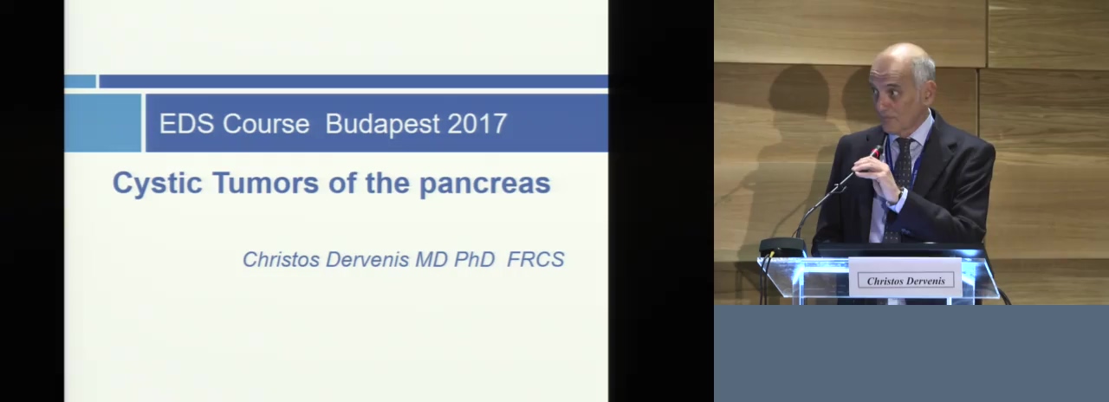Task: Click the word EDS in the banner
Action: tap(188, 124)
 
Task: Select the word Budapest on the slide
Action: tap(383, 124)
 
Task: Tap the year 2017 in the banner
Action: tap(477, 124)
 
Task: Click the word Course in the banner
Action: tap(266, 124)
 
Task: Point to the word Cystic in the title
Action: tap(158, 183)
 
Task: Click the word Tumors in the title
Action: tap(266, 182)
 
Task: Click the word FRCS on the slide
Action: tap(535, 259)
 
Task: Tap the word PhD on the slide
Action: tap(475, 259)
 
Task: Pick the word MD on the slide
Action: tap(431, 259)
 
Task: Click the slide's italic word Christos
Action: tap(282, 259)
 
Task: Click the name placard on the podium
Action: tap(905, 277)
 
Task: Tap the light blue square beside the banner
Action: tap(103, 123)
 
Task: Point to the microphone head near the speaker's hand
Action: tap(877, 151)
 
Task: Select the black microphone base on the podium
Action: tap(782, 247)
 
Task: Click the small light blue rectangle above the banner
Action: tap(81, 81)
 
